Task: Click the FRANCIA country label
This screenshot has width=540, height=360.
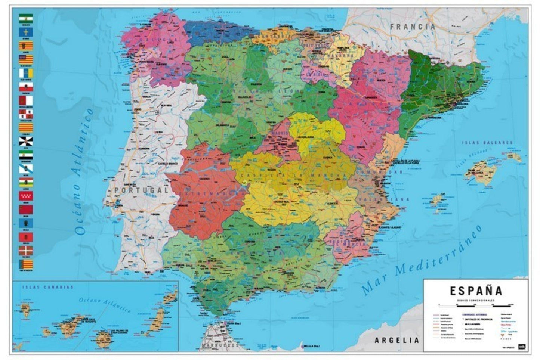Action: [413, 27]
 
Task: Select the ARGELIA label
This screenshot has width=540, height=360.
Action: [397, 340]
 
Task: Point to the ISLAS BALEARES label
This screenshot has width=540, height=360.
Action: [487, 143]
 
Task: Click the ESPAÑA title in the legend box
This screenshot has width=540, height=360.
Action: [476, 291]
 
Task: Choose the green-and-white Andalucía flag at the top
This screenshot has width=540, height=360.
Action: [26, 19]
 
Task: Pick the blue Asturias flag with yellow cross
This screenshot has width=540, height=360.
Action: [26, 32]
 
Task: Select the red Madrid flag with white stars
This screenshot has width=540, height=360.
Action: [26, 195]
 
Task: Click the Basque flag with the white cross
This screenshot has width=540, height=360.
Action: [26, 250]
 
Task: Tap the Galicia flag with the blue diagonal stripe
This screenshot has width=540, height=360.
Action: [26, 168]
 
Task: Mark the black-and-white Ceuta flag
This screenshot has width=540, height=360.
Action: [26, 141]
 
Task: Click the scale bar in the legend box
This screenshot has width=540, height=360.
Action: [475, 305]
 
